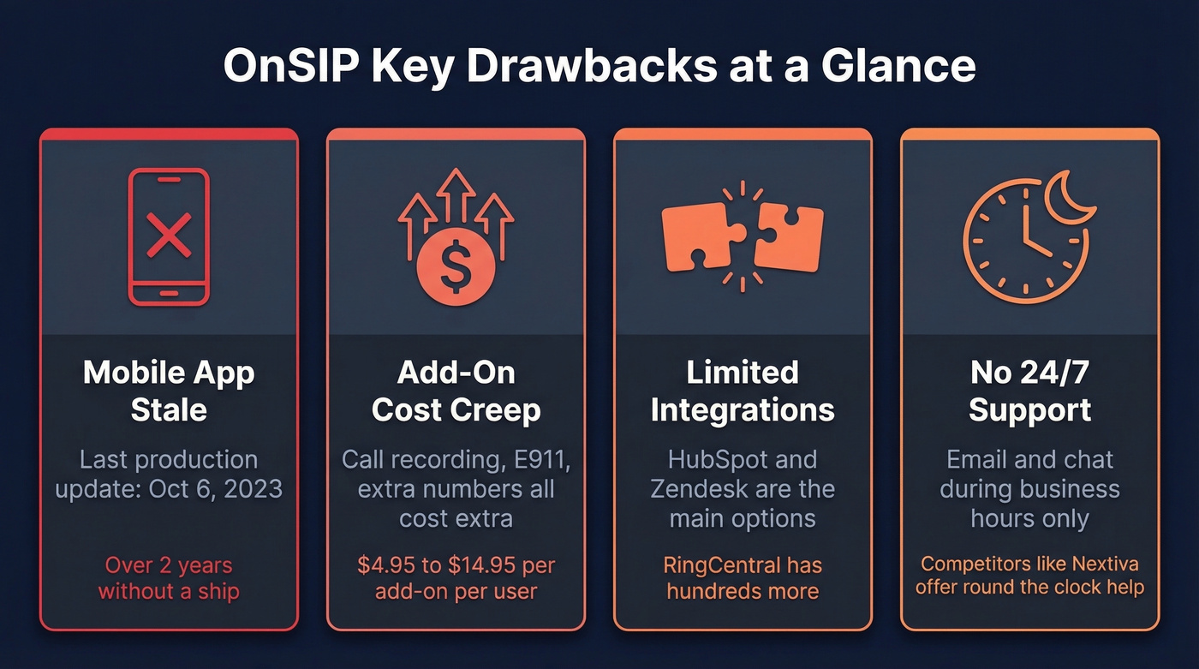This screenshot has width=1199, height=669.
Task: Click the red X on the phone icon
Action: pos(169,236)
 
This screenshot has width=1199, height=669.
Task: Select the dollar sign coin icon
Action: pos(456,271)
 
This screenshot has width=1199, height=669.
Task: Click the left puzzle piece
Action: pos(702,236)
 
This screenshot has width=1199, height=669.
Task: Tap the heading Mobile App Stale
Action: pos(169,391)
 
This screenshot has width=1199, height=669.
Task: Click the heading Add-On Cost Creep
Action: pos(456,391)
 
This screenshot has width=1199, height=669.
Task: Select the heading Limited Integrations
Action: pos(743,391)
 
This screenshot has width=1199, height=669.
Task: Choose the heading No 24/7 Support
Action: pos(1029,391)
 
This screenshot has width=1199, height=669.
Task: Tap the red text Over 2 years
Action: pos(169,565)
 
